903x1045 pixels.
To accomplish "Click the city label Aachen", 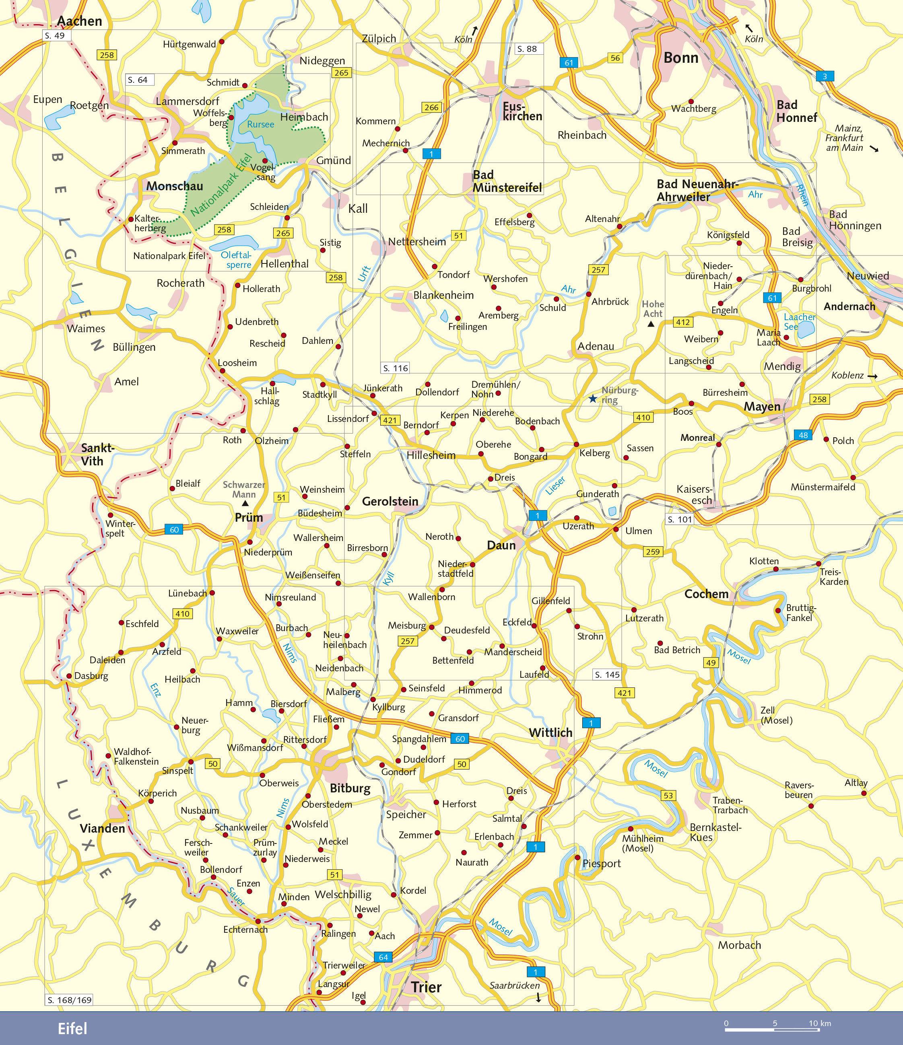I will click(x=79, y=21).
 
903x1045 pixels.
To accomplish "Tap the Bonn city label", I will click(x=680, y=58).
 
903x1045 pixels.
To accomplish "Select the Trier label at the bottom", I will click(x=426, y=987).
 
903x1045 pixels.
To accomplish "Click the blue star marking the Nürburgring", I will click(x=593, y=399).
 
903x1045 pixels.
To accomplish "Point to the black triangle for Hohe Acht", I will click(x=651, y=324).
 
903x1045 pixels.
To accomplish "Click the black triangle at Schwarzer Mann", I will click(x=245, y=503).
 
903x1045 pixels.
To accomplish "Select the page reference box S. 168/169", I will click(x=69, y=1000).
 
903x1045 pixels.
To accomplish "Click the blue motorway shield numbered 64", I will click(x=383, y=957).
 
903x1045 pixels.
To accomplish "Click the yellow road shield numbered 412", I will click(x=682, y=322).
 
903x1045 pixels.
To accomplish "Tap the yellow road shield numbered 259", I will click(x=652, y=552).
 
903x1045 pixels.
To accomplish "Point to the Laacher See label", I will click(x=799, y=321).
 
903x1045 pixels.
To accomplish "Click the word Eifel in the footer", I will click(x=72, y=1029).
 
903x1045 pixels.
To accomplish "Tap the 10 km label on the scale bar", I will click(x=819, y=1023).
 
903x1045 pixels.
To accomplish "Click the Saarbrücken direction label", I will click(x=514, y=985).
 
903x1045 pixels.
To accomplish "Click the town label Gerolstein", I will click(x=390, y=501).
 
